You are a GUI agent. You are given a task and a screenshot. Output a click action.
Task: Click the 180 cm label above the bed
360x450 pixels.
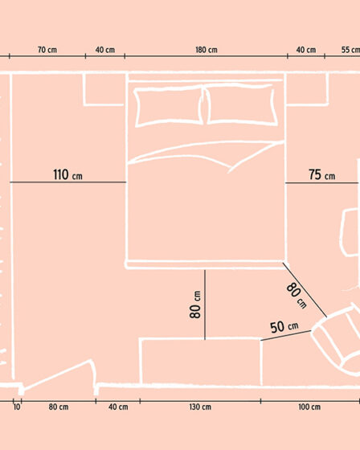click(x=207, y=50)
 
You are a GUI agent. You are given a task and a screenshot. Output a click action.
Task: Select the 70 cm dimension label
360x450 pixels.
click(x=47, y=50)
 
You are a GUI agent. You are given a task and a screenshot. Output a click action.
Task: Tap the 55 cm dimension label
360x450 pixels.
click(x=350, y=50)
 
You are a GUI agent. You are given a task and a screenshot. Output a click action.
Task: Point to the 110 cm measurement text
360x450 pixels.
click(x=67, y=174)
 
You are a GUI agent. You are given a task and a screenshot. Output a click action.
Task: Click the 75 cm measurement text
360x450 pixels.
click(x=321, y=174)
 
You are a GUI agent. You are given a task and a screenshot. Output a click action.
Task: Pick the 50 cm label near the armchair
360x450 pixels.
click(x=284, y=327)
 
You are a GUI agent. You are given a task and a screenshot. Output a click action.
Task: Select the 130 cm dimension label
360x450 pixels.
click(x=200, y=407)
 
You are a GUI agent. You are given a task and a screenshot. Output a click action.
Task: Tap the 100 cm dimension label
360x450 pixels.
click(x=309, y=407)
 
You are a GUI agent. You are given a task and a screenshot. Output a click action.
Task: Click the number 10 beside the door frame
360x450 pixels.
click(x=17, y=407)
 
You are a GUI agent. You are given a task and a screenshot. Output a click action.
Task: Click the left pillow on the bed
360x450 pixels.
click(x=170, y=106)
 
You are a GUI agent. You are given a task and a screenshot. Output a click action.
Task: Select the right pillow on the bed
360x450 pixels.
click(x=240, y=104)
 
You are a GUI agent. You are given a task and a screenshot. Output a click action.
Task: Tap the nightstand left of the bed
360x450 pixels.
click(x=104, y=89)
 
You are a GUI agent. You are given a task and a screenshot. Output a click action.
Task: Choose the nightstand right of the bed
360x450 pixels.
click(x=307, y=89)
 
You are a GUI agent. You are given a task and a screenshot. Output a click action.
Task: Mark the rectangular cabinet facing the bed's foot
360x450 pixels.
click(x=201, y=362)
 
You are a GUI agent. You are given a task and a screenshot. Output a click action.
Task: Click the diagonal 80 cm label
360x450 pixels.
click(x=297, y=296)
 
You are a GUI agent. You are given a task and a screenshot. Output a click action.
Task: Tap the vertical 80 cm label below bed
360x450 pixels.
click(x=196, y=305)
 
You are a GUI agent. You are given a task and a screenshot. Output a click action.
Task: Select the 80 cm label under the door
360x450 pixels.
click(x=59, y=407)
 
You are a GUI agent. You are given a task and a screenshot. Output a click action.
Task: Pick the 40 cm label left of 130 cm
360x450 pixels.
click(x=118, y=407)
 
